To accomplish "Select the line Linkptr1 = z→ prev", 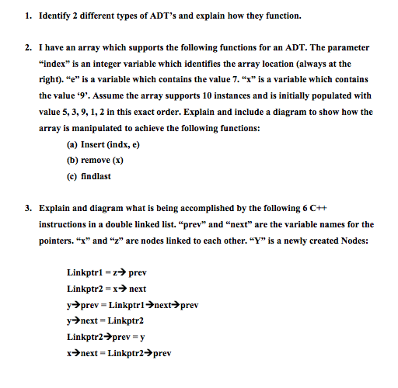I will click(107, 272).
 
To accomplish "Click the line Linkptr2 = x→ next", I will click(107, 289).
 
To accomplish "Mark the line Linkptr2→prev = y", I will click(106, 337).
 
